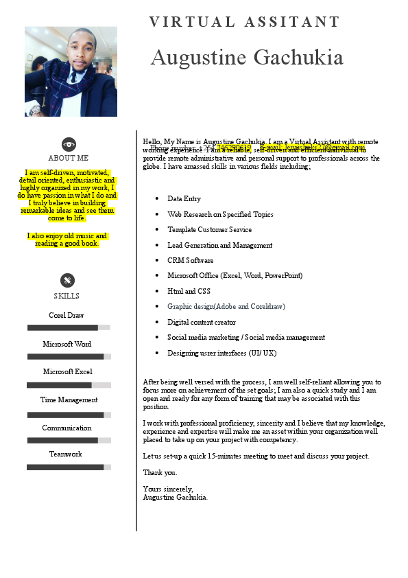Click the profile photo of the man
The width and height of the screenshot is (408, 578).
tap(71, 71)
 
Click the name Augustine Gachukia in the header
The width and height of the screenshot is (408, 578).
tap(247, 58)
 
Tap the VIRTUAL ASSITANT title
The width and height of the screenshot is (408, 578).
tap(245, 22)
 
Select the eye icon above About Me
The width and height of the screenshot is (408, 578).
tap(69, 144)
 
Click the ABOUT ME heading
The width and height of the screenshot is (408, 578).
tap(69, 158)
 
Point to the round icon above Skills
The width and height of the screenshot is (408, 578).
tap(67, 280)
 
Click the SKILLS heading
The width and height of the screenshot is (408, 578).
tap(67, 296)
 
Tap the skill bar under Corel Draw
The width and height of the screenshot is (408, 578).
tap(69, 327)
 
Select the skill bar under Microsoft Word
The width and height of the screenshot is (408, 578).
tap(69, 356)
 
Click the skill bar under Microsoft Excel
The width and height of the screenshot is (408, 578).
tap(69, 385)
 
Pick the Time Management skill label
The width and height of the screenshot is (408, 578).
tap(69, 400)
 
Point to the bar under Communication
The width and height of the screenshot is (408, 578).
tap(69, 440)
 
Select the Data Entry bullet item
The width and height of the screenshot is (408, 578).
tap(184, 198)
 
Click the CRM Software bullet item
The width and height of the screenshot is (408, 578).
tap(190, 260)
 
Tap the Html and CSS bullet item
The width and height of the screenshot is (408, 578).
tap(189, 291)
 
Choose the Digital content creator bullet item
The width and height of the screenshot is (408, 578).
tap(202, 322)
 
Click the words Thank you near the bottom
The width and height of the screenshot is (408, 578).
tap(160, 472)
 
